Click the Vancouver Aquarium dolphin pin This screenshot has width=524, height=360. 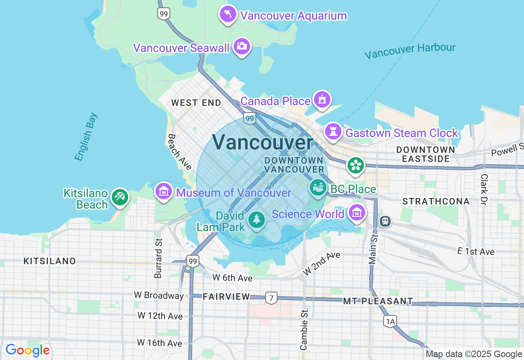pos(228,14)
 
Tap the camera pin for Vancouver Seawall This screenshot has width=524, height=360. pos(242,46)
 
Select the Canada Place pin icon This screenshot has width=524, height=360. pos(322,99)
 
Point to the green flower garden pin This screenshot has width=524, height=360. pos(355,165)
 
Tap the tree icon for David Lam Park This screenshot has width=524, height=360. pos(257,220)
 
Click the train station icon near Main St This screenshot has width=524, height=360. pos(385,221)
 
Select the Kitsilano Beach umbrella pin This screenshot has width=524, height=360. pos(120,197)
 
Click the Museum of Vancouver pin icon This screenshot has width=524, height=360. pos(164,191)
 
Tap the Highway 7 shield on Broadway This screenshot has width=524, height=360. pos(271,298)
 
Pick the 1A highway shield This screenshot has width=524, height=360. pos(390,322)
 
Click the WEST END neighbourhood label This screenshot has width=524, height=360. pos(196,103)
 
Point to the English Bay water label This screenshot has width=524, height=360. pos(86,136)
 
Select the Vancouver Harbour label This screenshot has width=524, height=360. pos(409,51)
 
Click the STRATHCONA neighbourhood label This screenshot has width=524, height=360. pos(436,201)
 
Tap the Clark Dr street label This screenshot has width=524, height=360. pos(484,189)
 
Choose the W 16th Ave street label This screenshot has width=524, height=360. pos(160,342)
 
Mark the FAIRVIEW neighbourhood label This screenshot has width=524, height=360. pos(226,297)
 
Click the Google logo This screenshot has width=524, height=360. pos(27,351)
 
